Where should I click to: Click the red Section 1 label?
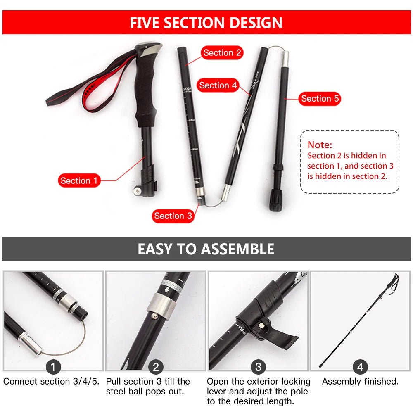79,180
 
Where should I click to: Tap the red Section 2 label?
222,53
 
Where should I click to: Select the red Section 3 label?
173,216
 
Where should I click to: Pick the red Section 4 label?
218,85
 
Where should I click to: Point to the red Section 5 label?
320,99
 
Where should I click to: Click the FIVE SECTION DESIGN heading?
206,23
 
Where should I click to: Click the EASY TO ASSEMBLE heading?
206,249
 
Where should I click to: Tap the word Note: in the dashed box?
320,145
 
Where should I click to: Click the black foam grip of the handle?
147,95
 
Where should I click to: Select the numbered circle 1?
53,366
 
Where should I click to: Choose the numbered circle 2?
156,366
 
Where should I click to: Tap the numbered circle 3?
258,366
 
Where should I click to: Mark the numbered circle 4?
360,366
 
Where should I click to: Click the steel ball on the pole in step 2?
154,316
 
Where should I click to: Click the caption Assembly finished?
360,382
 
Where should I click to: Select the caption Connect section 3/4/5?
52,382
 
